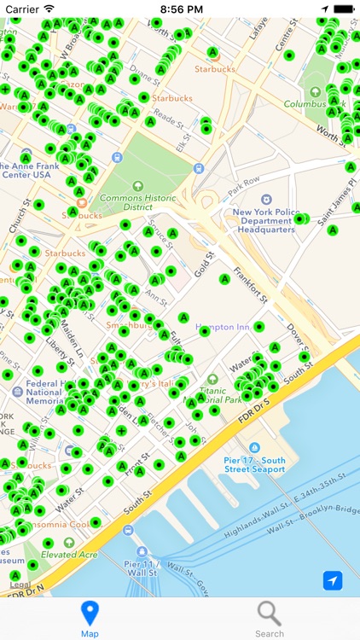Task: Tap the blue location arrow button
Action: [x=333, y=580]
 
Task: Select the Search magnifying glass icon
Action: [x=270, y=614]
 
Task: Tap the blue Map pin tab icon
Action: [x=90, y=614]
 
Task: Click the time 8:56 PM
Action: [x=180, y=9]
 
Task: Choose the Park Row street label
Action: [x=244, y=181]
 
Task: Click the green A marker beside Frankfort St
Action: [x=225, y=279]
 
